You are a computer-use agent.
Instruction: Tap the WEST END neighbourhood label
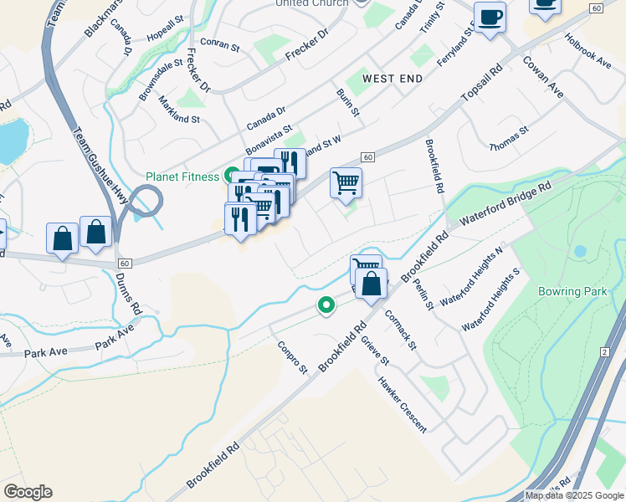pyautogui.click(x=390, y=78)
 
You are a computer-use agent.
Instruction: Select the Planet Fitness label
pyautogui.click(x=182, y=177)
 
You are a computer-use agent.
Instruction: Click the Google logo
pyautogui.click(x=28, y=492)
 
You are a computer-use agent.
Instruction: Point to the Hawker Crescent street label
pyautogui.click(x=402, y=404)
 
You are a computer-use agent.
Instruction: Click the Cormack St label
pyautogui.click(x=400, y=330)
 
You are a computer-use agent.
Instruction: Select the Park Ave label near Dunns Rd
pyautogui.click(x=115, y=338)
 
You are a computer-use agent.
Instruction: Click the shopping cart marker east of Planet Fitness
pyautogui.click(x=346, y=182)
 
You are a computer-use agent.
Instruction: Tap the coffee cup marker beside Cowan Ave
pyautogui.click(x=490, y=17)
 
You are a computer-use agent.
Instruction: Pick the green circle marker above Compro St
pyautogui.click(x=325, y=306)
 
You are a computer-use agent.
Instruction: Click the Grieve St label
pyautogui.click(x=375, y=351)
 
